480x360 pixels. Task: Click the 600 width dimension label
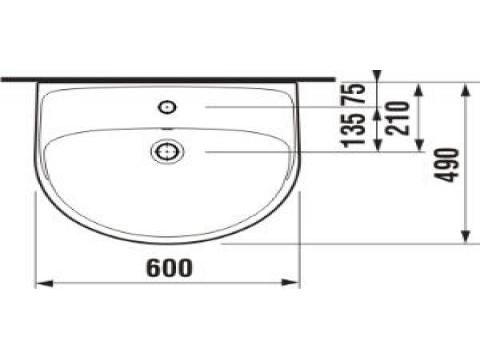[x=169, y=267]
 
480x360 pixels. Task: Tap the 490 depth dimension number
[x=448, y=165]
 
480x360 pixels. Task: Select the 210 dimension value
[x=398, y=118]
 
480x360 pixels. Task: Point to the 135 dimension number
[x=354, y=130]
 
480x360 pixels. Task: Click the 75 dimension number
[x=354, y=93]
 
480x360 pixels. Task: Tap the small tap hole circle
[x=167, y=107]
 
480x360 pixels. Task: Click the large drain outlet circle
[x=167, y=152]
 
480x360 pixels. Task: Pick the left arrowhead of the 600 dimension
[x=44, y=283]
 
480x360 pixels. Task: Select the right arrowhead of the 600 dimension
[x=291, y=283]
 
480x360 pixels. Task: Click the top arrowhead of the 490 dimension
[x=466, y=91]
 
